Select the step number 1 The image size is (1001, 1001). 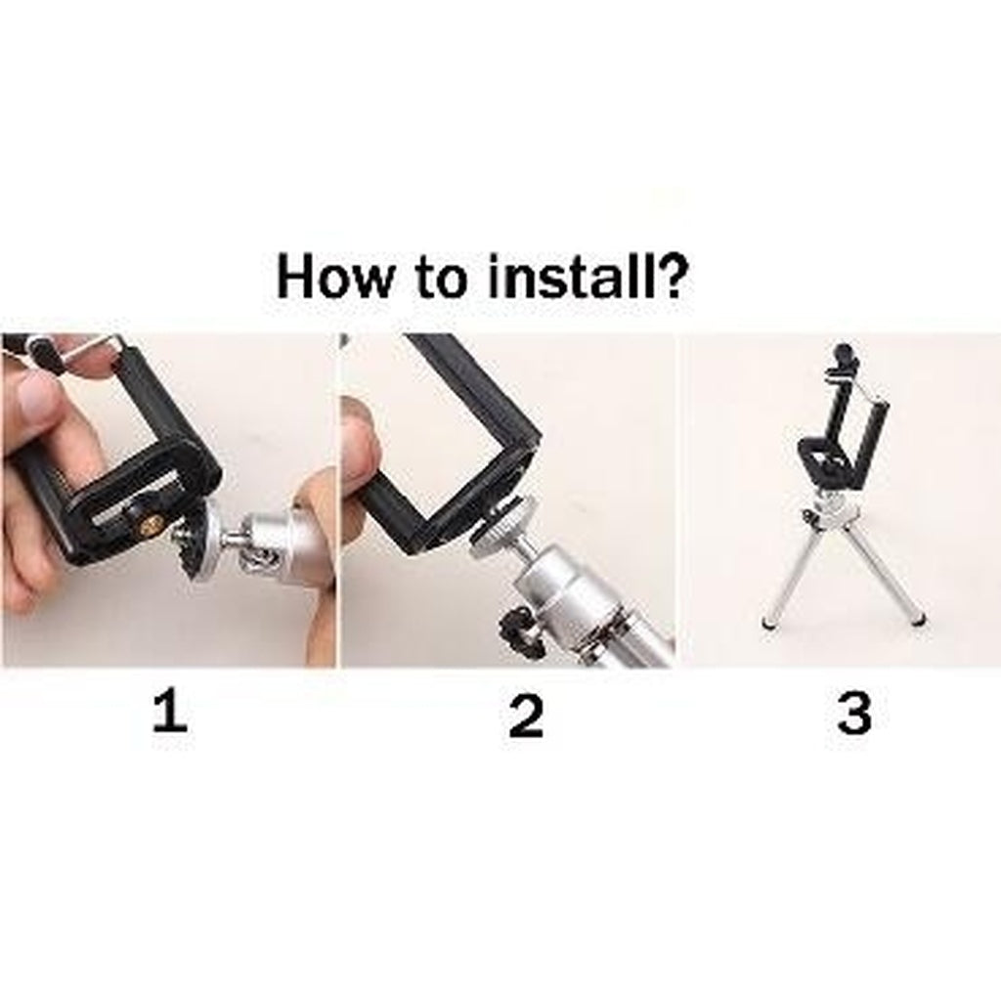coord(170,713)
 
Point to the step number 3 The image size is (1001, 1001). coord(854,713)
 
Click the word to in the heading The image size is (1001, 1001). coord(441,277)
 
